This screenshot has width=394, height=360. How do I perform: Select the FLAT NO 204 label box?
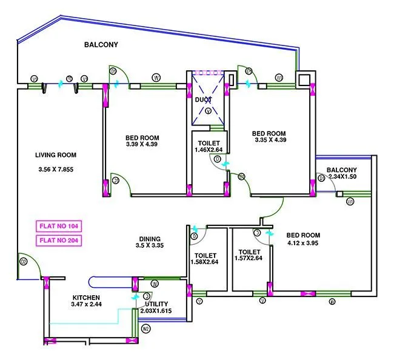[59, 240]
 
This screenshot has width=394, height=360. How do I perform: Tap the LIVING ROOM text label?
[55, 155]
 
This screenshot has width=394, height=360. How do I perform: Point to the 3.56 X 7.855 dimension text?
[56, 169]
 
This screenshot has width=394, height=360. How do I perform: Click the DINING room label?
[150, 238]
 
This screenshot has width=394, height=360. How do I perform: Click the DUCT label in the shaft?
[203, 99]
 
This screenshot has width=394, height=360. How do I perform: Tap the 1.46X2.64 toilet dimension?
[209, 150]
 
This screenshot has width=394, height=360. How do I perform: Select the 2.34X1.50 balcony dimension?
[341, 176]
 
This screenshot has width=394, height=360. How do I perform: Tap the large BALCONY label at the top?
[101, 45]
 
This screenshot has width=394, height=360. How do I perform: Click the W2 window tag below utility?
[145, 329]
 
